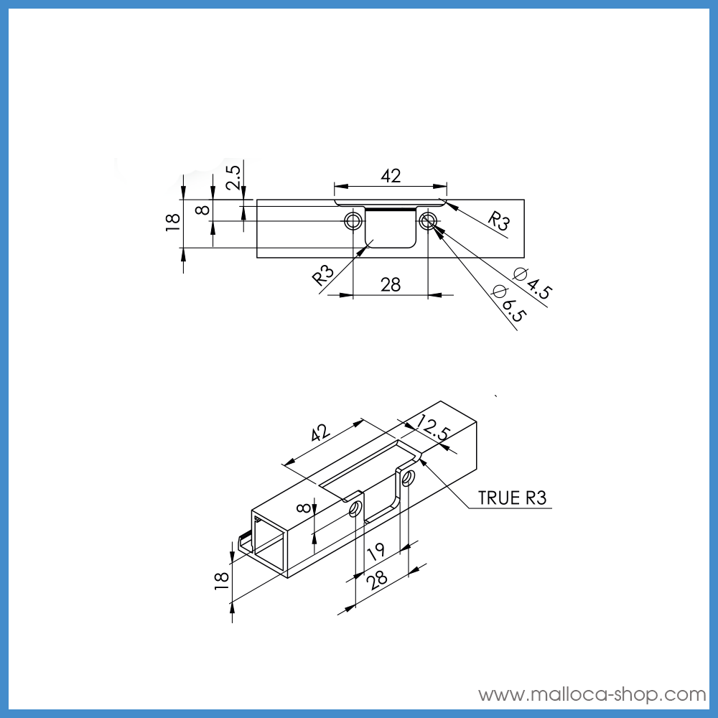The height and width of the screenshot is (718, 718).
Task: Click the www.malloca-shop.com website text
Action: [x=592, y=694]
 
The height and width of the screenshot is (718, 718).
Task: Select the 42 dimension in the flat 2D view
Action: [x=391, y=176]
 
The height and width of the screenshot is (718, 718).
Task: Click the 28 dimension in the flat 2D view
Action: [x=390, y=284]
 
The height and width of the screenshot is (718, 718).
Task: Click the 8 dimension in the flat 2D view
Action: [x=202, y=210]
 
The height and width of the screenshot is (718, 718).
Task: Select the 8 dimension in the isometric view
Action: [x=304, y=508]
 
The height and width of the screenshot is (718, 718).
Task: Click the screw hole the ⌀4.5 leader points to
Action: [x=429, y=220]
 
